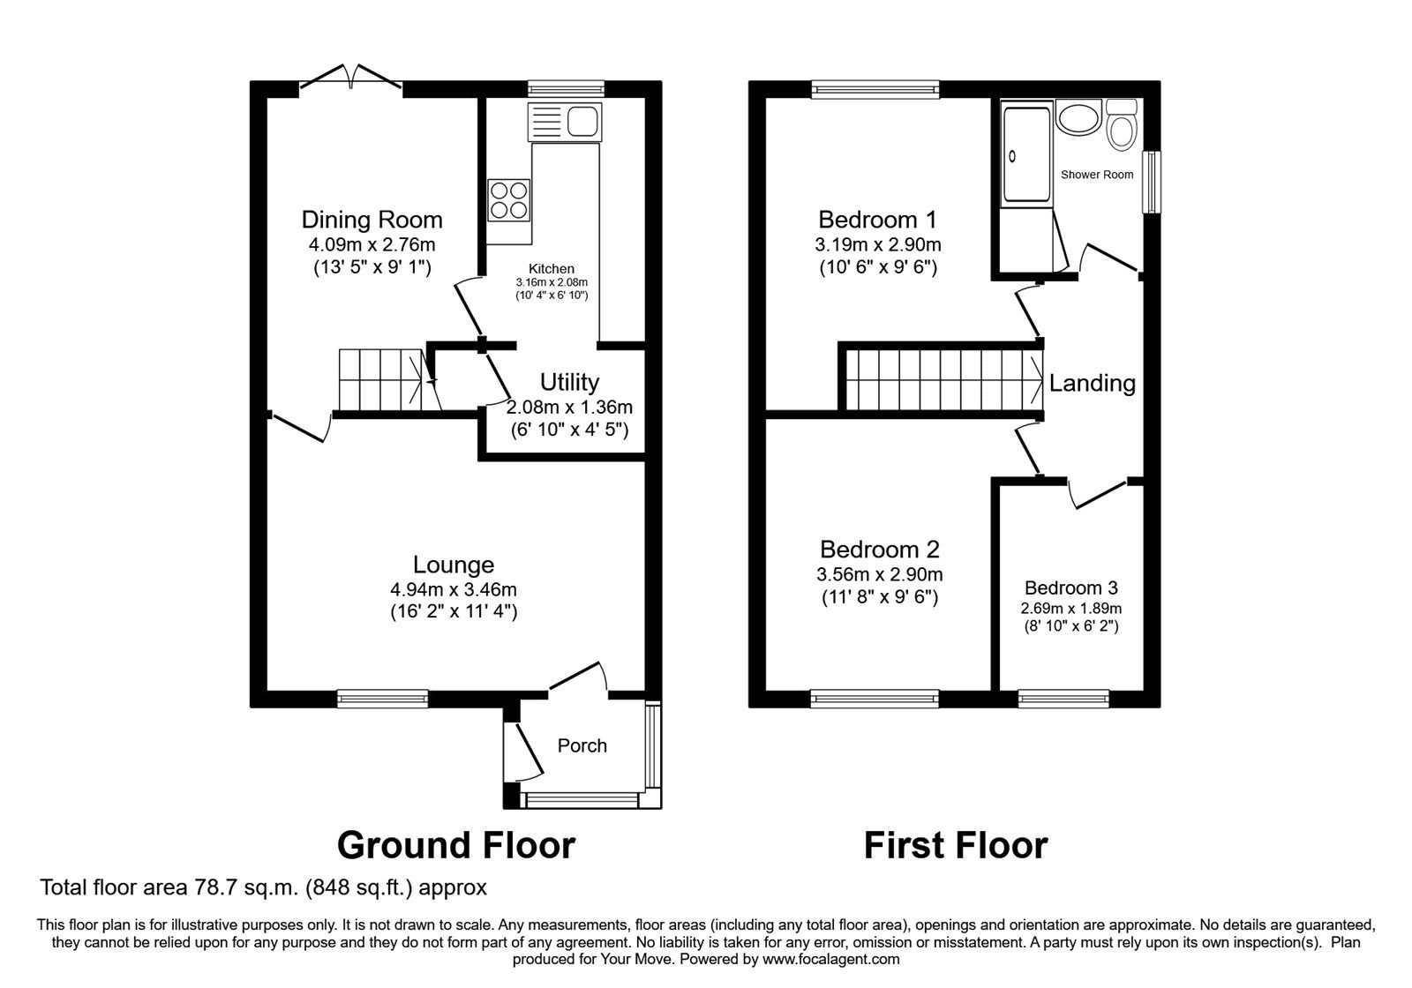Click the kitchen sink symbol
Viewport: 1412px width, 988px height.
[x=564, y=121]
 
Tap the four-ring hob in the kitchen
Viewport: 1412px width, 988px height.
[x=509, y=199]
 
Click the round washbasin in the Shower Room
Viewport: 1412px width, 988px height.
[x=1077, y=118]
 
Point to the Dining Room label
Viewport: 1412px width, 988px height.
[x=372, y=220]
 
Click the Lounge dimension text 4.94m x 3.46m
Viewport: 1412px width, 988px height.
[x=454, y=588]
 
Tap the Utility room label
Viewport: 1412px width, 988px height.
[x=569, y=382]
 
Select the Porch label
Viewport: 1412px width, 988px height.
[x=582, y=745]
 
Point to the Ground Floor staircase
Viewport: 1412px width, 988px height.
[x=388, y=380]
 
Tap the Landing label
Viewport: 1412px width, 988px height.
[x=1092, y=383]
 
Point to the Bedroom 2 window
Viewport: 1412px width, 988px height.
[x=875, y=699]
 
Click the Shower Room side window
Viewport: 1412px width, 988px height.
[x=1152, y=182]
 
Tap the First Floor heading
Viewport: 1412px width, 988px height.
[x=955, y=845]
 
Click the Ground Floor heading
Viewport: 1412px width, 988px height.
[x=456, y=845]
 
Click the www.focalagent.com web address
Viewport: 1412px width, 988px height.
[x=830, y=959]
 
